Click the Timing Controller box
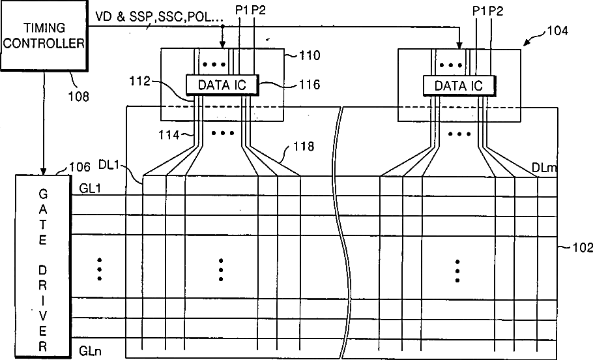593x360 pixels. [43, 37]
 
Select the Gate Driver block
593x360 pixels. [43, 264]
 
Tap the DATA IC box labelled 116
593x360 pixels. [222, 84]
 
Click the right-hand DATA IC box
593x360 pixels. [458, 85]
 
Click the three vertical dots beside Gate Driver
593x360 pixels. [100, 268]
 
